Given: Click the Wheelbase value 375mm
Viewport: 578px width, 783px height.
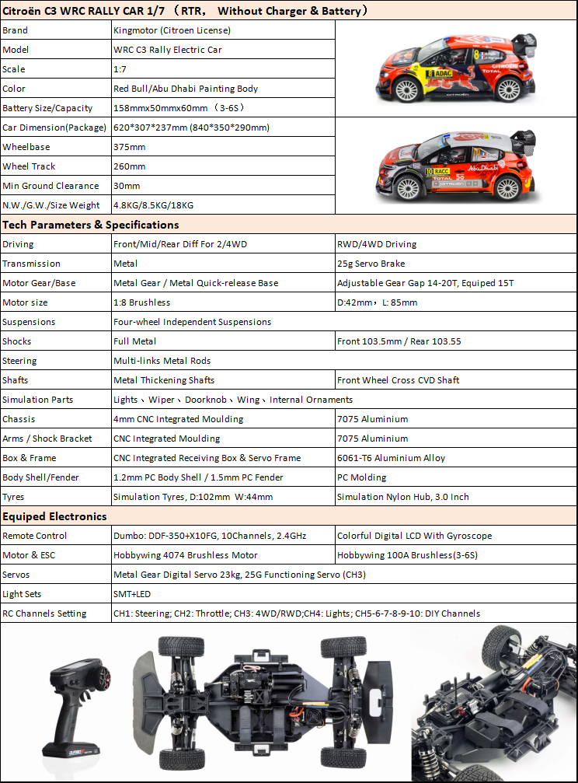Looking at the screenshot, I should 130,147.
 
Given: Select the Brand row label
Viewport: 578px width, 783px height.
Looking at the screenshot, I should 16,30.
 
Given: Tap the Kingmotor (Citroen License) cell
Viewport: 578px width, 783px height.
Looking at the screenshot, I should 172,30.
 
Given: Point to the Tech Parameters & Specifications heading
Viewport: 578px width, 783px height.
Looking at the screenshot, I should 91,225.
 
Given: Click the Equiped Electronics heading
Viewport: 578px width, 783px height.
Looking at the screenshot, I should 55,516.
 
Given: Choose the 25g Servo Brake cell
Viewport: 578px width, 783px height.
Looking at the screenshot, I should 371,264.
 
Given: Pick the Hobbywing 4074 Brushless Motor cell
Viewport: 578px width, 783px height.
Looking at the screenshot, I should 186,555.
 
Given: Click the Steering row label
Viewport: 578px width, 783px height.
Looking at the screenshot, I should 19,361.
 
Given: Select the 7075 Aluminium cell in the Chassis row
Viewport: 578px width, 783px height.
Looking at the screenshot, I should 372,419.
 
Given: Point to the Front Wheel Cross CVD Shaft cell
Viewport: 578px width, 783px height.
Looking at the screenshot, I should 398,380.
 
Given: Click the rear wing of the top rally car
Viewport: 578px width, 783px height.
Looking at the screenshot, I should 524,39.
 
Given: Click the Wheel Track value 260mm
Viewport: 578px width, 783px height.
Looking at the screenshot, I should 130,166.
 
